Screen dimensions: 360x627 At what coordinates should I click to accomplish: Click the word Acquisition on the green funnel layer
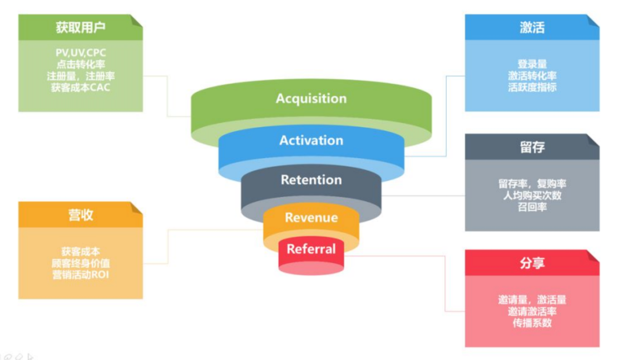pyautogui.click(x=311, y=98)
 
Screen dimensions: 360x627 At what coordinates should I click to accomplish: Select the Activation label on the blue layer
pyautogui.click(x=311, y=140)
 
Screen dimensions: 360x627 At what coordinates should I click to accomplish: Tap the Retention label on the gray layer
pyautogui.click(x=311, y=179)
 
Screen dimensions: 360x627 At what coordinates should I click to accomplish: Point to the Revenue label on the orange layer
pyautogui.click(x=311, y=218)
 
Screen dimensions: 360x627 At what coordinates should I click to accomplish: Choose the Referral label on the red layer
pyautogui.click(x=311, y=249)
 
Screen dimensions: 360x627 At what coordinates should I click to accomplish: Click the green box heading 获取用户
pyautogui.click(x=80, y=28)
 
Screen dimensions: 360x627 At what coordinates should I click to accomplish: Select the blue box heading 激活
pyautogui.click(x=532, y=28)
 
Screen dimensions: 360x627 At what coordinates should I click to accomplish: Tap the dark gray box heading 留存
pyautogui.click(x=532, y=147)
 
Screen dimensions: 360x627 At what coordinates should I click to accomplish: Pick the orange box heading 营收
pyautogui.click(x=80, y=215)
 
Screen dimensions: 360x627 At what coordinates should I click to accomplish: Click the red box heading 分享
pyautogui.click(x=532, y=263)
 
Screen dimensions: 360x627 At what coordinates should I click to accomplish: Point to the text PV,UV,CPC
pyautogui.click(x=81, y=53)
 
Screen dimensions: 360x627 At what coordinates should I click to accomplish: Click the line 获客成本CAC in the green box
pyautogui.click(x=81, y=88)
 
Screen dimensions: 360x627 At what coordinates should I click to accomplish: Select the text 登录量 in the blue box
pyautogui.click(x=532, y=64)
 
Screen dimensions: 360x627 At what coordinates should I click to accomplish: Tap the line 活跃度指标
pyautogui.click(x=532, y=88)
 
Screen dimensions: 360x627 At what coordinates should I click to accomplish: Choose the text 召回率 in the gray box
pyautogui.click(x=532, y=207)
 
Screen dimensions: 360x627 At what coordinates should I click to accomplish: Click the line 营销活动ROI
pyautogui.click(x=81, y=275)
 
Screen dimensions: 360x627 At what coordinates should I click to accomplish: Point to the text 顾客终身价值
pyautogui.click(x=81, y=263)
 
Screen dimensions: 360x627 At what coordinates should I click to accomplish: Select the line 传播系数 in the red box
pyautogui.click(x=532, y=323)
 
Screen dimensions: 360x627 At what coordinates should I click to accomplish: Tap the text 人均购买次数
pyautogui.click(x=532, y=196)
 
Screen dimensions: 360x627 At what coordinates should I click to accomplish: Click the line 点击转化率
pyautogui.click(x=81, y=64)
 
